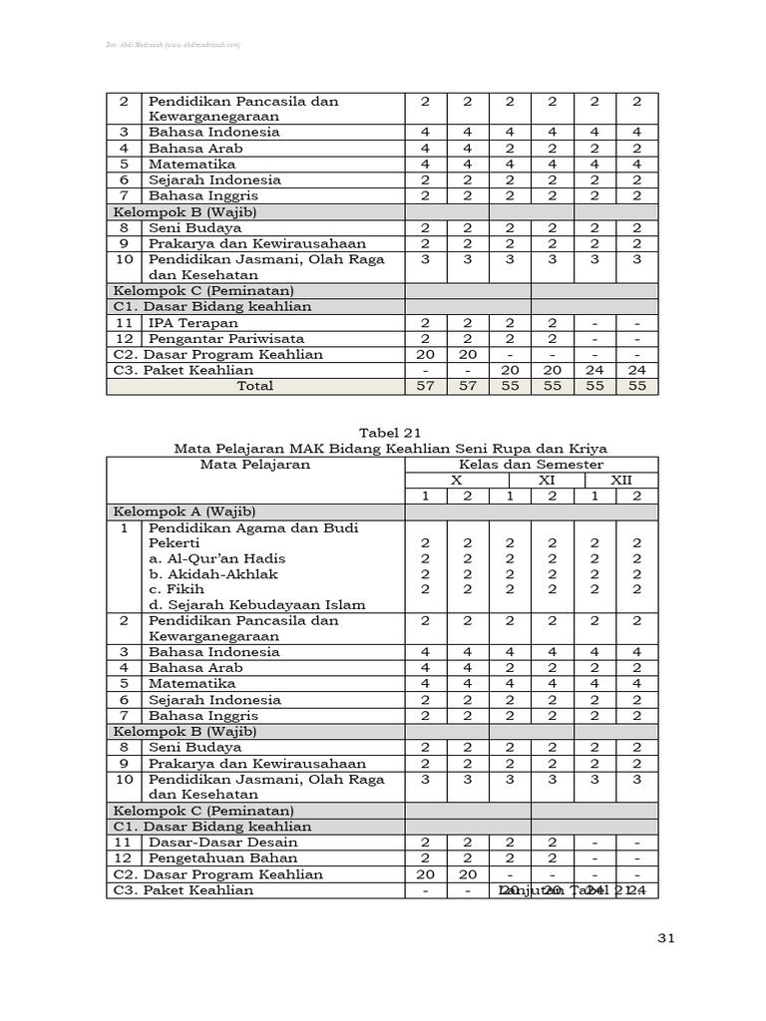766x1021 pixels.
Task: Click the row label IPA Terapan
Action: pyautogui.click(x=193, y=323)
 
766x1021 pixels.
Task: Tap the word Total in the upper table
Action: pyautogui.click(x=254, y=386)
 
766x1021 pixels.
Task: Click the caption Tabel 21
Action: pyautogui.click(x=382, y=433)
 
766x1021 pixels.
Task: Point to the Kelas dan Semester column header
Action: pyautogui.click(x=530, y=465)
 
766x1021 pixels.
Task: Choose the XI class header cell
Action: pyautogui.click(x=547, y=480)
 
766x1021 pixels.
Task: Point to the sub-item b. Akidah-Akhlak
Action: pyautogui.click(x=213, y=574)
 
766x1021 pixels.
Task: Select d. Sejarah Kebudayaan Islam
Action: pyautogui.click(x=257, y=604)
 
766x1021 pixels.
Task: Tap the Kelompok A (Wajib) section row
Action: pyautogui.click(x=185, y=511)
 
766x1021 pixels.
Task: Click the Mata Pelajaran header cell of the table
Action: pyautogui.click(x=254, y=465)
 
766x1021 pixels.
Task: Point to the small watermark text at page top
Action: pyautogui.click(x=175, y=45)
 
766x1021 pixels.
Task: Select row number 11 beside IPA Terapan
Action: pyautogui.click(x=125, y=323)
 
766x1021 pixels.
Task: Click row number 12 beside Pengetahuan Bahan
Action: pyautogui.click(x=125, y=858)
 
